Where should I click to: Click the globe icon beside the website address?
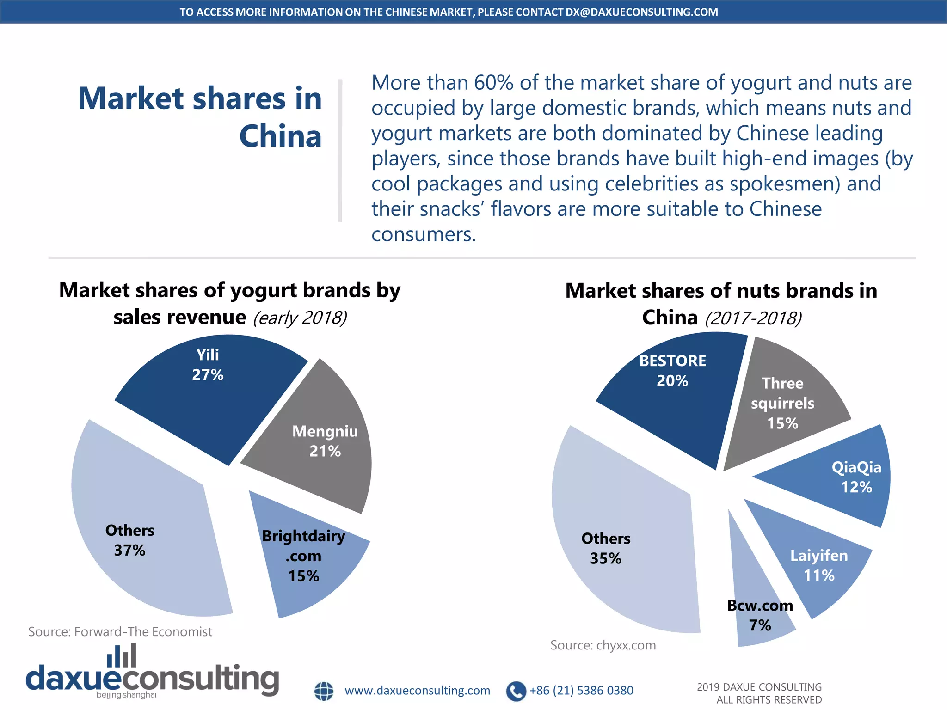tap(324, 691)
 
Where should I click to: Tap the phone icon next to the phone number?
tap(516, 691)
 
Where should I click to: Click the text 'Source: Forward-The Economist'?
tap(120, 631)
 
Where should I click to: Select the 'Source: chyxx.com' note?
tap(603, 645)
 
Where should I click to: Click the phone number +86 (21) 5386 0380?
tap(581, 691)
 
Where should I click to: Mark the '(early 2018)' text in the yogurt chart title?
tap(300, 318)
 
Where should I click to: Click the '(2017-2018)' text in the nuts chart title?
tap(753, 318)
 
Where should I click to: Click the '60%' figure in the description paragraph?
tap(493, 83)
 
